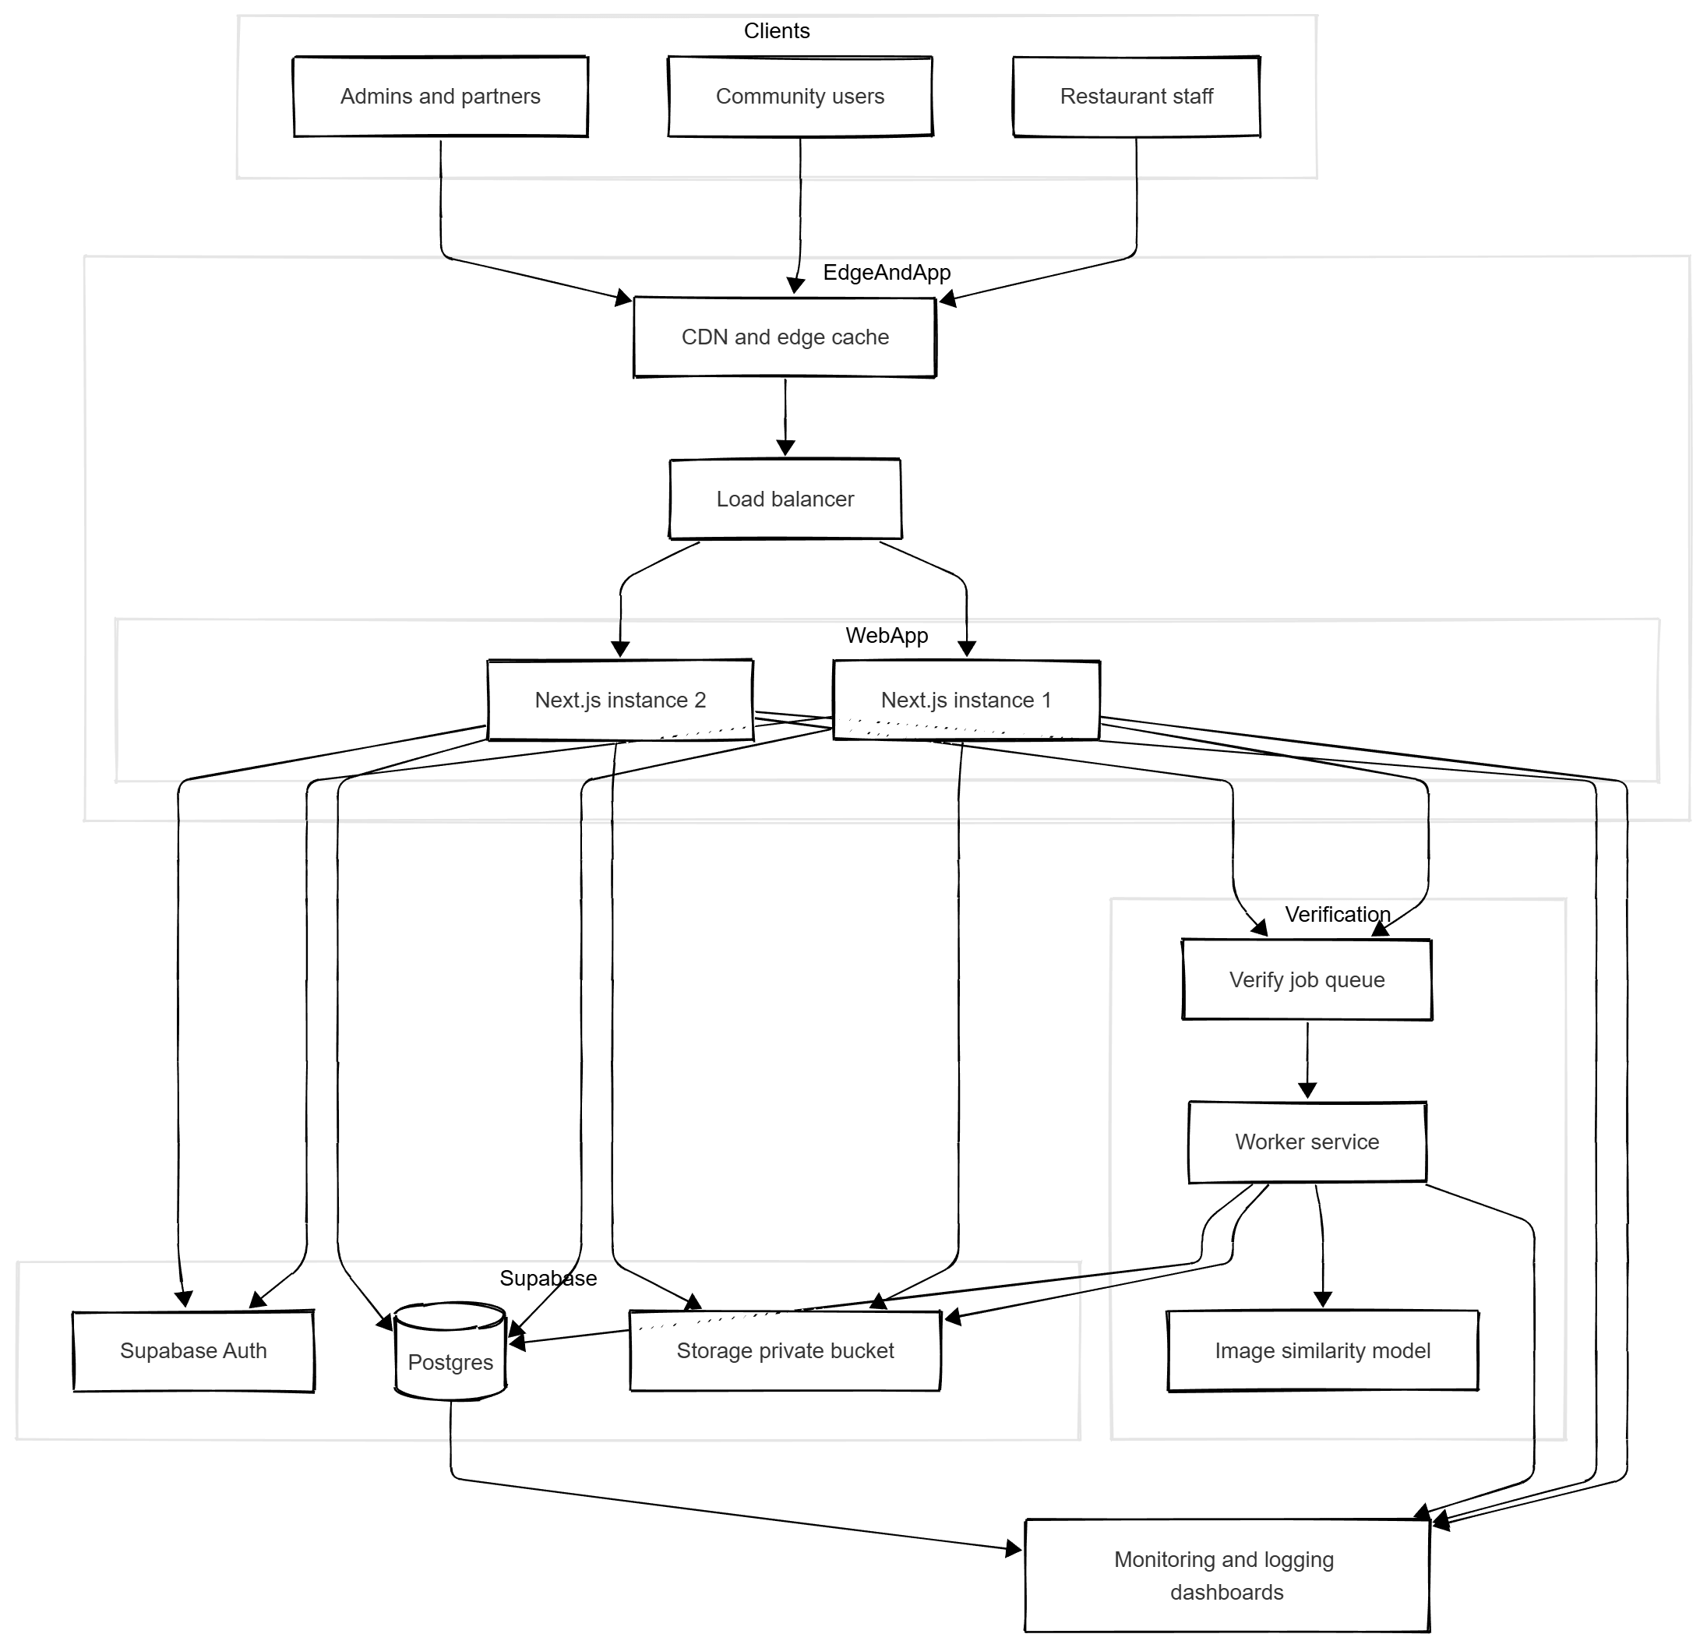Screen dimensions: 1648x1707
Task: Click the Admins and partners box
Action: click(x=440, y=97)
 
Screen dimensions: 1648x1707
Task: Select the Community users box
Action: click(x=799, y=97)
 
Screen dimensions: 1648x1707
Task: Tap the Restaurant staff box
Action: click(x=1136, y=97)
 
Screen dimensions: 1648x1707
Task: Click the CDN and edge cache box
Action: click(x=785, y=338)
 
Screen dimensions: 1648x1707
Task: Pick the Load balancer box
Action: click(x=785, y=499)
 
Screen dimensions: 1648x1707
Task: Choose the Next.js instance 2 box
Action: click(x=620, y=700)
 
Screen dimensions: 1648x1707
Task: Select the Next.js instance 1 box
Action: click(x=966, y=700)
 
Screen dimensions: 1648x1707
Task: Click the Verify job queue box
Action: click(x=1307, y=980)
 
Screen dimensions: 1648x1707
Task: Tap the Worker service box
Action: click(x=1307, y=1142)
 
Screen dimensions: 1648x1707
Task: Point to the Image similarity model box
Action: click(x=1322, y=1351)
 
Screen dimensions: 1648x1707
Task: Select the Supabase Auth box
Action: click(x=193, y=1351)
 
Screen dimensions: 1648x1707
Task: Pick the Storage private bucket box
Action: click(x=785, y=1351)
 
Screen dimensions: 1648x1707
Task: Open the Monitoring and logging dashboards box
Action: click(x=1226, y=1576)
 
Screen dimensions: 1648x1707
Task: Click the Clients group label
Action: click(x=776, y=31)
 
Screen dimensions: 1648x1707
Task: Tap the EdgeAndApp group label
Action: click(x=886, y=273)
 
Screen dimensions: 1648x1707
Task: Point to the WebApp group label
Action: click(x=886, y=636)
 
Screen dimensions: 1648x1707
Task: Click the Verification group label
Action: click(x=1337, y=915)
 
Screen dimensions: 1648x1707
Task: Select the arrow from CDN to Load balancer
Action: click(x=785, y=418)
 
